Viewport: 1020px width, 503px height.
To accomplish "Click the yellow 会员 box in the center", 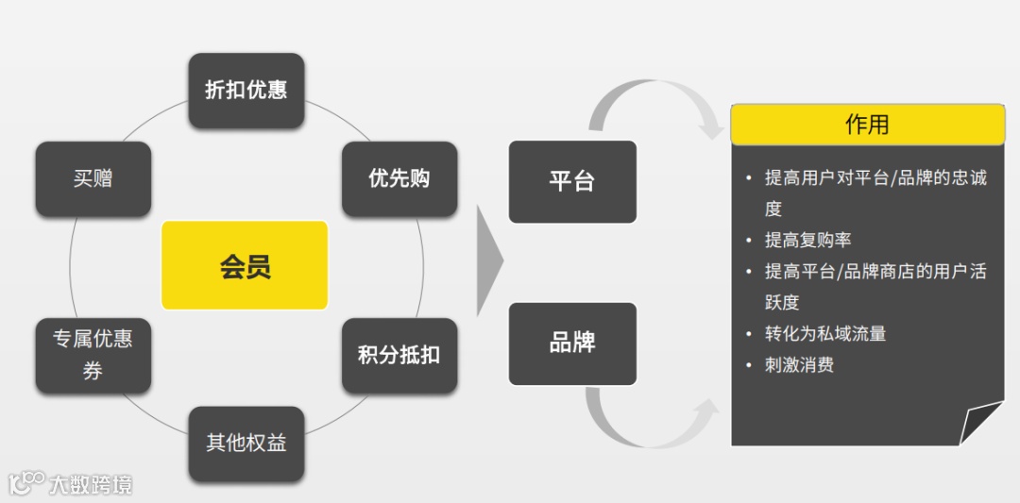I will point(245,265).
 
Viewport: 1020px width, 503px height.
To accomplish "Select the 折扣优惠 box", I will point(246,91).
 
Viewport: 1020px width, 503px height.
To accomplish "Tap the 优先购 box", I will point(399,178).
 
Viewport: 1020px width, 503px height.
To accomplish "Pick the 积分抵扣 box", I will point(399,356).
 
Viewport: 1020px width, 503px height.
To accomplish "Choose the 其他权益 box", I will point(246,444).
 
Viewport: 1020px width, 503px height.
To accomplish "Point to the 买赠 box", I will point(93,178).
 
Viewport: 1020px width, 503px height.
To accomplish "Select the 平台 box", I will point(572,181).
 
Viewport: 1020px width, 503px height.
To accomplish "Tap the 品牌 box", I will point(572,344).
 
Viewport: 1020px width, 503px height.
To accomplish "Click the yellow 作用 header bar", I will point(867,125).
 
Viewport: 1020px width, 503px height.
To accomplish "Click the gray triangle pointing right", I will point(488,260).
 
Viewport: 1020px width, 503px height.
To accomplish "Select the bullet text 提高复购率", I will point(807,240).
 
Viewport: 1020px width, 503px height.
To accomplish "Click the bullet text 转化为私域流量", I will point(824,333).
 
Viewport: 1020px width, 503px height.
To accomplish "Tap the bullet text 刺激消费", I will point(799,364).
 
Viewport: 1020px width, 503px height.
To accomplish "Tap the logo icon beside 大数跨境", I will point(25,483).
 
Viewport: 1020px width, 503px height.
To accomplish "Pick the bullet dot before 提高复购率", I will point(748,240).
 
